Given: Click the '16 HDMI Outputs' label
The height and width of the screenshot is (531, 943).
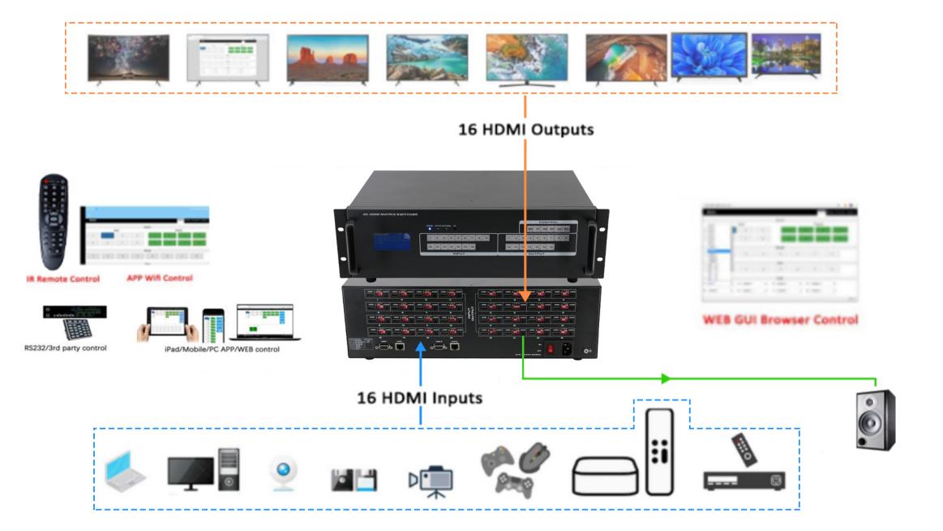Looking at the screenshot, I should (525, 128).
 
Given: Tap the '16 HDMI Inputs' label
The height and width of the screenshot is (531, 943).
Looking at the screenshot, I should (420, 399).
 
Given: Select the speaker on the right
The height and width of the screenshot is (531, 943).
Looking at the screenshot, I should (876, 419).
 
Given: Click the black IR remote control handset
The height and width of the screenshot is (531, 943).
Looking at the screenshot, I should (54, 222).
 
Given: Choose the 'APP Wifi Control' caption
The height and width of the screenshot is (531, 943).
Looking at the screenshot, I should (159, 278).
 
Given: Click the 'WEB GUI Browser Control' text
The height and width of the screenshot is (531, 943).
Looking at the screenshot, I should (780, 320).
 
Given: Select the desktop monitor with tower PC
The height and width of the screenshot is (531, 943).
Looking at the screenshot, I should (204, 469).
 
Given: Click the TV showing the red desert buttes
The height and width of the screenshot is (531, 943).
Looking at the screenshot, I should (328, 58).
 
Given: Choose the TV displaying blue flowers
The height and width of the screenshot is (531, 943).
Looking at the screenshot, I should (709, 56).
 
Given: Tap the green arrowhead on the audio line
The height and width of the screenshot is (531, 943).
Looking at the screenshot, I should (666, 378).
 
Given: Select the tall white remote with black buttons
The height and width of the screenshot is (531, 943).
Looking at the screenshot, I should (660, 451).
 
